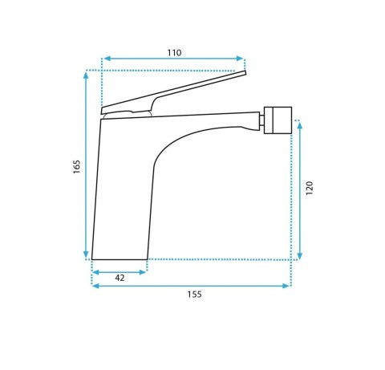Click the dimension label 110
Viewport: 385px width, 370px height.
174,53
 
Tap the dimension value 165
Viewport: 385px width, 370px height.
77,166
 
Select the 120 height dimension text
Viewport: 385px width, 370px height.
310,188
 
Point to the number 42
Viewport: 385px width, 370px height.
120,278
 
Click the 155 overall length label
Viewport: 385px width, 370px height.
194,295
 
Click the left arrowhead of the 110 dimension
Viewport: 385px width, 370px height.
107,59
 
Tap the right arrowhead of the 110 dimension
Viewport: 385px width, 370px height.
240,59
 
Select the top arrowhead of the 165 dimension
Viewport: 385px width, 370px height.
86,75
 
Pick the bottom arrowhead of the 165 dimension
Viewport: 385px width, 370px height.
86,254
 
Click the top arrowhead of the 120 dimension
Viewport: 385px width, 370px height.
300,125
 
